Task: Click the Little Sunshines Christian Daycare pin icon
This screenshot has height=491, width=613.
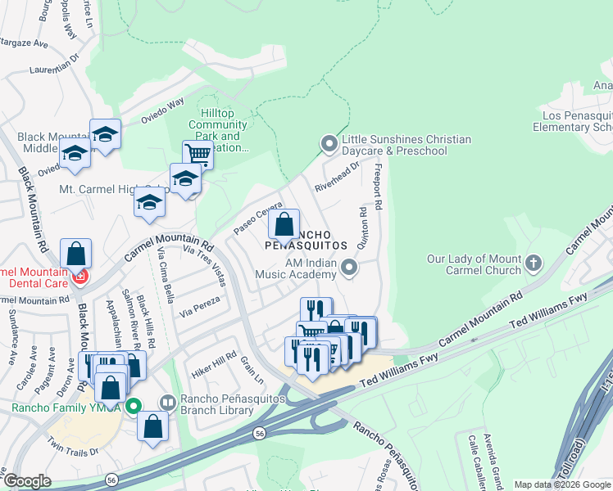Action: (329, 145)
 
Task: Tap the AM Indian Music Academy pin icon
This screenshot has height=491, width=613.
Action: (350, 268)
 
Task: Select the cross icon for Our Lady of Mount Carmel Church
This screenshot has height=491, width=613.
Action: (534, 264)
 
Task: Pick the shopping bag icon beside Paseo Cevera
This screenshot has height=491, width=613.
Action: (284, 223)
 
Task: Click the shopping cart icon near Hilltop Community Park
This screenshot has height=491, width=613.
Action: (198, 153)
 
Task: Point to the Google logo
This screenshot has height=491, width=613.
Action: (27, 481)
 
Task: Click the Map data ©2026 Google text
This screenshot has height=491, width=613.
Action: (562, 484)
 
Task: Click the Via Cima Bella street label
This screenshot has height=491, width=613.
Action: (164, 273)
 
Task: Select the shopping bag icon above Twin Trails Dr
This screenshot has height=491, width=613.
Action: (152, 426)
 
